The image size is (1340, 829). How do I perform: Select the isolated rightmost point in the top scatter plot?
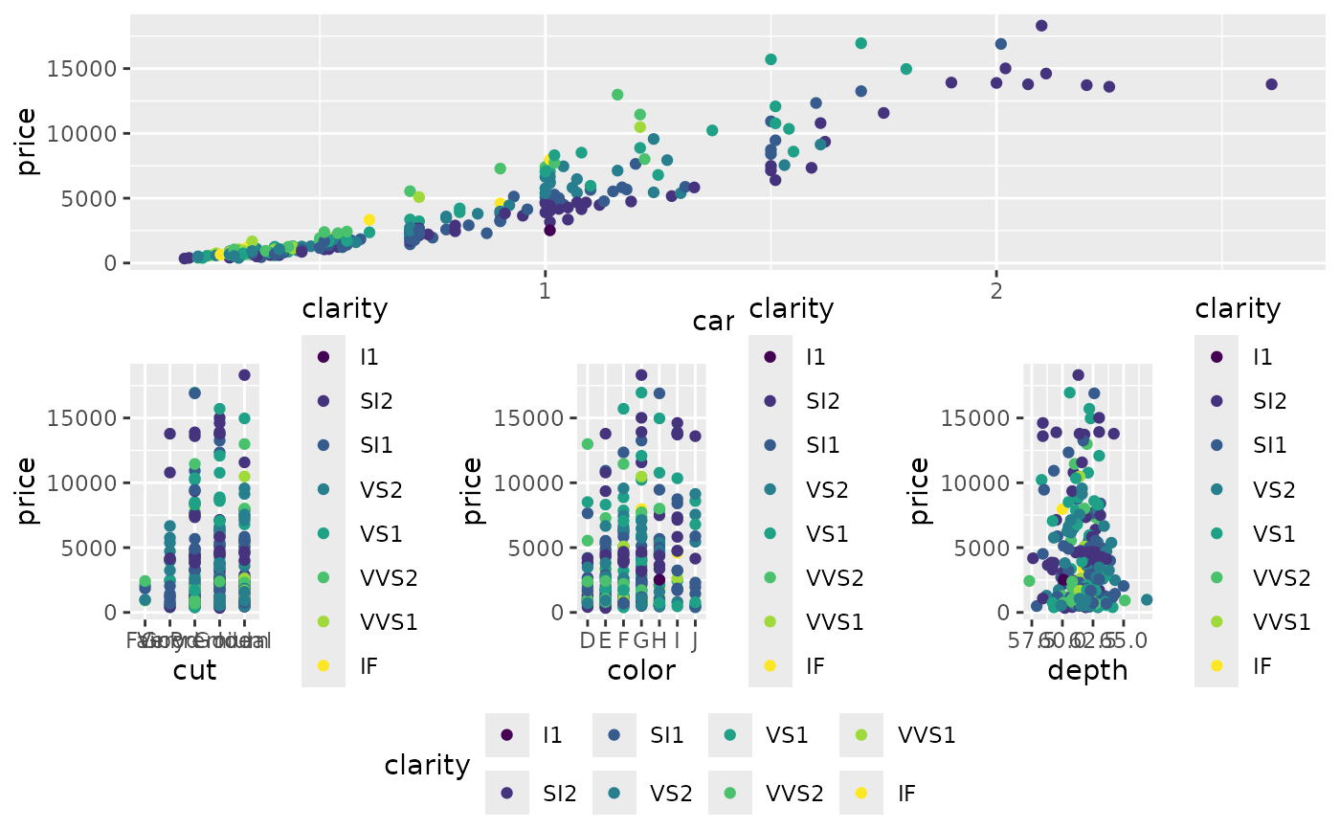pos(1271,84)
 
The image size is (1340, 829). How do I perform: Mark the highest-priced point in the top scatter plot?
pos(1041,26)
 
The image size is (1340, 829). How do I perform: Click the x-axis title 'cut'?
pos(194,670)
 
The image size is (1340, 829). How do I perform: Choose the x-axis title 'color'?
pos(641,670)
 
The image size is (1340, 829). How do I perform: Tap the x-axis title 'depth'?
pos(1087,670)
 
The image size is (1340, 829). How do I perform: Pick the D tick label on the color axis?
pos(588,640)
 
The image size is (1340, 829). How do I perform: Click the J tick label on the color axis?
pos(695,640)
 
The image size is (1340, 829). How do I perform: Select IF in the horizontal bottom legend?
pos(907,793)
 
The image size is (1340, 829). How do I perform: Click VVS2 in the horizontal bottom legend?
pos(794,793)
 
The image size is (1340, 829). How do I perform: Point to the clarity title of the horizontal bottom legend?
pos(427,765)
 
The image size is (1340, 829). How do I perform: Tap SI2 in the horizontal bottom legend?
pos(560,793)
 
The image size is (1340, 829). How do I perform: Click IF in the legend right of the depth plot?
pos(1262,665)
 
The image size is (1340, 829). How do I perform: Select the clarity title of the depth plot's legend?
pos(1238,308)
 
